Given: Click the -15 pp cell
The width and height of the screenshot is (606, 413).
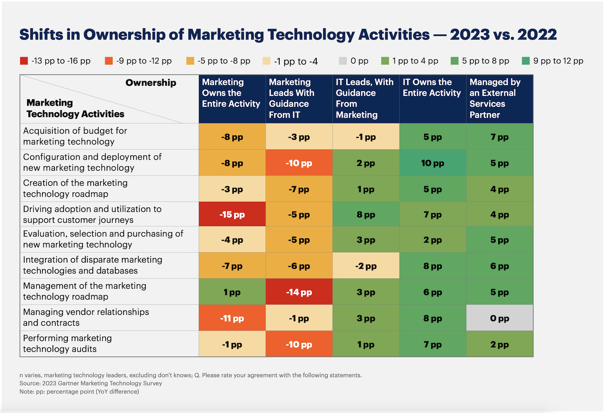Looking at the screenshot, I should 232,214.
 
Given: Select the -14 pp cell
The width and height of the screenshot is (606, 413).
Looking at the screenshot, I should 299,292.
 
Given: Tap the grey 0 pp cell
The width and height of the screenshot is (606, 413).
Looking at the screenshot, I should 499,318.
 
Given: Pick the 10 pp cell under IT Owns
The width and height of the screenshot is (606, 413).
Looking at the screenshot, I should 432,163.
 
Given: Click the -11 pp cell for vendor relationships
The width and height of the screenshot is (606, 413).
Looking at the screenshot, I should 232,318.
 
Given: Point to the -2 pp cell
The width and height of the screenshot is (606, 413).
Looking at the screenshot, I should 366,266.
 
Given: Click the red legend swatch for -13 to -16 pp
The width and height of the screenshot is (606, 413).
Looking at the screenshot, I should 24,61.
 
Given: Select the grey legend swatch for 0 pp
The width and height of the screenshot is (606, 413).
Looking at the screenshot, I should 343,61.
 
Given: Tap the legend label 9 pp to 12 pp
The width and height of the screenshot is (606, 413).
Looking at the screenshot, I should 558,61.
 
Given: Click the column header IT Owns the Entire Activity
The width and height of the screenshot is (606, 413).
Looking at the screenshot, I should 432,88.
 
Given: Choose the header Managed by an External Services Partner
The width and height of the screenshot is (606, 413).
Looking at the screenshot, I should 495,98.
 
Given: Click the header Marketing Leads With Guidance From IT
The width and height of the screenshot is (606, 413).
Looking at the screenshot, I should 291,98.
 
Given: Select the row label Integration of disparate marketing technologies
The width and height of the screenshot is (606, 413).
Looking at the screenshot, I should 92,265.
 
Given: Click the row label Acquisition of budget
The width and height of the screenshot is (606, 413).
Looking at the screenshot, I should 75,136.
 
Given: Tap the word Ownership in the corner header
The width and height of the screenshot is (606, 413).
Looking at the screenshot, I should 151,83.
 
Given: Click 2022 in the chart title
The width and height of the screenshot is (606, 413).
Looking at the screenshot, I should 537,34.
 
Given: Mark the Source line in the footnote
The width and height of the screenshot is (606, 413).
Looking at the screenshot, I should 91,383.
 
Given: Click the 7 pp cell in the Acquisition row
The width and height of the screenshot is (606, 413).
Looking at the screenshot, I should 499,137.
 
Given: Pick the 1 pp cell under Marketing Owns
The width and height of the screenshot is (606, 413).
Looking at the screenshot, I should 232,292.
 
